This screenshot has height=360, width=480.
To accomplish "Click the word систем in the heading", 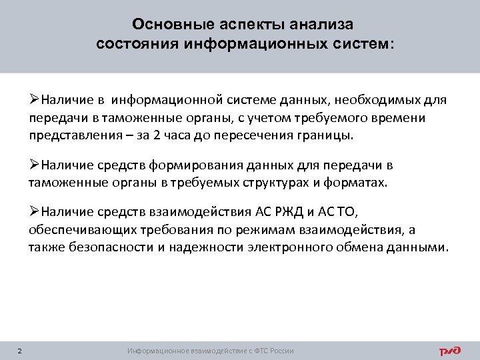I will point(363,45).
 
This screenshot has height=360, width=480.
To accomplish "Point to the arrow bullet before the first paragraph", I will point(35,101).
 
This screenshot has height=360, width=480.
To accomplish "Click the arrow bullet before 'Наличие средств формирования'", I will point(35,166).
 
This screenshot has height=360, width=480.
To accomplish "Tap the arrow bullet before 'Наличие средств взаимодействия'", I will point(35,213).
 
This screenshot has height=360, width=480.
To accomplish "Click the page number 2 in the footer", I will point(19,351).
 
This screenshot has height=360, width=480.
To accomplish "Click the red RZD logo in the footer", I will point(451,350).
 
